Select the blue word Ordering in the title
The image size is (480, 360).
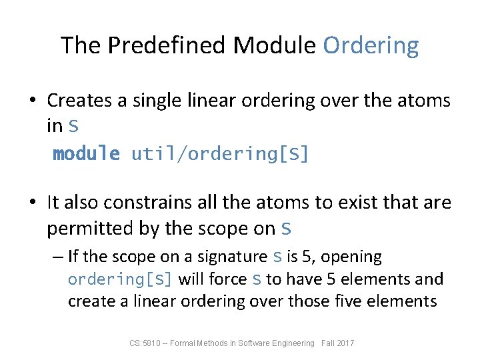(371, 45)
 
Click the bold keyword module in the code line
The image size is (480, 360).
(87, 155)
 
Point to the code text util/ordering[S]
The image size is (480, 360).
(220, 155)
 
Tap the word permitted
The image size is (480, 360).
(89, 228)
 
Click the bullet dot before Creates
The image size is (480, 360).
(32, 101)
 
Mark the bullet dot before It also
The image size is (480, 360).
(32, 203)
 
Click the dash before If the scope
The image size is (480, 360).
(58, 257)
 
